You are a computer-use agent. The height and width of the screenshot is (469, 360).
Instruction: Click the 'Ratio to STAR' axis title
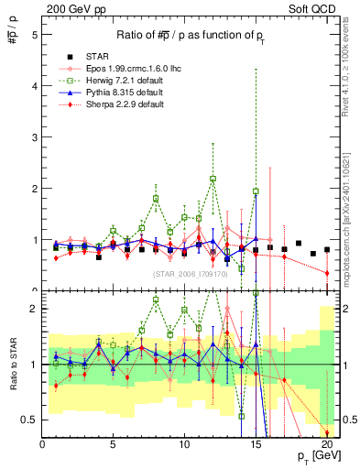(13, 363)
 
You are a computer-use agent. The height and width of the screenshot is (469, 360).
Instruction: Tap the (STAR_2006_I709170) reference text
(191, 273)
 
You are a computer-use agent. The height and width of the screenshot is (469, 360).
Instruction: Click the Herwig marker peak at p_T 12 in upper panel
(213, 179)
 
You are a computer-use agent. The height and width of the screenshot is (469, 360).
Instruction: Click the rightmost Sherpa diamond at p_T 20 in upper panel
(327, 273)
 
